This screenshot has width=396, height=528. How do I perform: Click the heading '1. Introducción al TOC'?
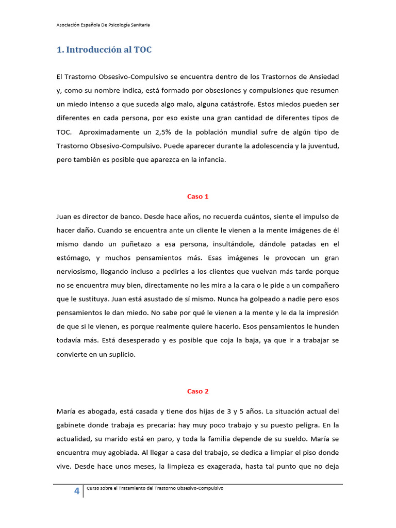click(104, 50)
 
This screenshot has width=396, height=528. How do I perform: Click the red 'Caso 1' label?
click(197, 196)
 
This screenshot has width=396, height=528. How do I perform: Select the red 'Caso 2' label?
click(197, 391)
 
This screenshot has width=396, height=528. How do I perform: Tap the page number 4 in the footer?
click(77, 491)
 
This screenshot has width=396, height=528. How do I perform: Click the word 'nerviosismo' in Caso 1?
click(78, 271)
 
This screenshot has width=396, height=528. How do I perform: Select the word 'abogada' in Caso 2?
click(100, 411)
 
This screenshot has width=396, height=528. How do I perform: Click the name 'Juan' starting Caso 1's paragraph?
click(64, 216)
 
